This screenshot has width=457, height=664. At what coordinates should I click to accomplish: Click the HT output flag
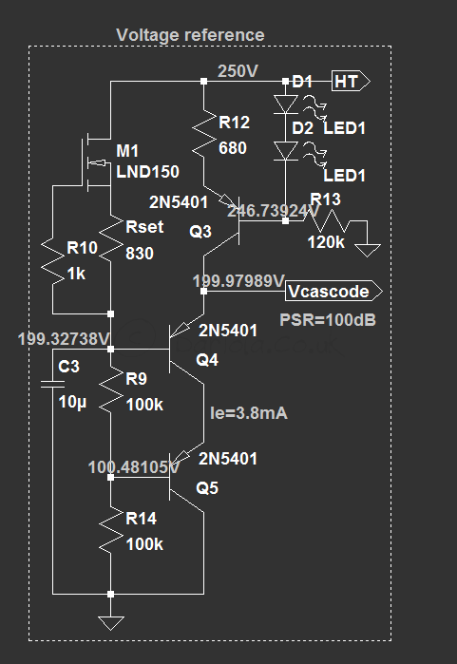(x=351, y=81)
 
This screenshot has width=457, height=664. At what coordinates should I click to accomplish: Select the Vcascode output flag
(x=333, y=291)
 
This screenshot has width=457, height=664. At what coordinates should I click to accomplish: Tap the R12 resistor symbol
(x=204, y=134)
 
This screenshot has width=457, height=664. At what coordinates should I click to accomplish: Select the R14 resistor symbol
(x=111, y=531)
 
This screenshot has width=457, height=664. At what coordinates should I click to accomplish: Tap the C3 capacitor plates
(x=53, y=384)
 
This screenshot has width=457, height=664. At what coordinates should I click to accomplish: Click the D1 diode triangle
(x=286, y=104)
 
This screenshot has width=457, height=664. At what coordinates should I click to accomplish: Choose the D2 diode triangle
(x=286, y=151)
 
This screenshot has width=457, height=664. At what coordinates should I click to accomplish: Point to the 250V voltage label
(x=238, y=70)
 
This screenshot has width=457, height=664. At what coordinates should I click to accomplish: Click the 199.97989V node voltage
(x=238, y=280)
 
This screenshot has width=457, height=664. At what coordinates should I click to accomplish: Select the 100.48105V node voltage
(x=134, y=467)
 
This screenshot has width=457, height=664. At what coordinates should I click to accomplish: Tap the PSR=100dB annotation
(x=328, y=320)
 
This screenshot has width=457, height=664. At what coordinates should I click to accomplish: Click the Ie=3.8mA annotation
(x=249, y=413)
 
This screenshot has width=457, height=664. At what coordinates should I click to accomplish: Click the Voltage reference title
(x=190, y=35)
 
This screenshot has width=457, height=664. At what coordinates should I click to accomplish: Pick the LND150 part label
(x=148, y=172)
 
